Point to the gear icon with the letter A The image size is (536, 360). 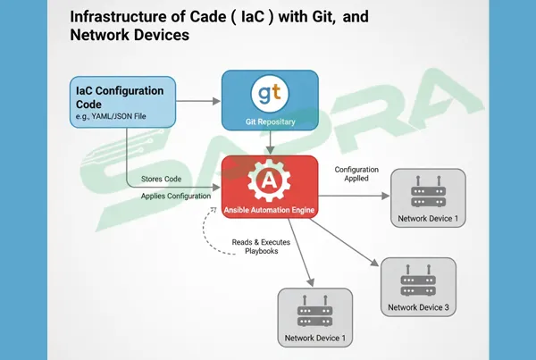click(x=268, y=179)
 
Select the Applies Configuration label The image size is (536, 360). click(x=176, y=195)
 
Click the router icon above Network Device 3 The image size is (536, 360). click(x=418, y=279)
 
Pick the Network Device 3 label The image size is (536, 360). click(x=418, y=308)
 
